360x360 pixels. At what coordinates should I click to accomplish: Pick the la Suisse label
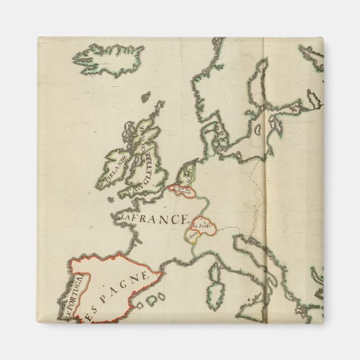pos(200,223)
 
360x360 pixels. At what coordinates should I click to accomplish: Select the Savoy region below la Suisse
pos(194,235)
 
